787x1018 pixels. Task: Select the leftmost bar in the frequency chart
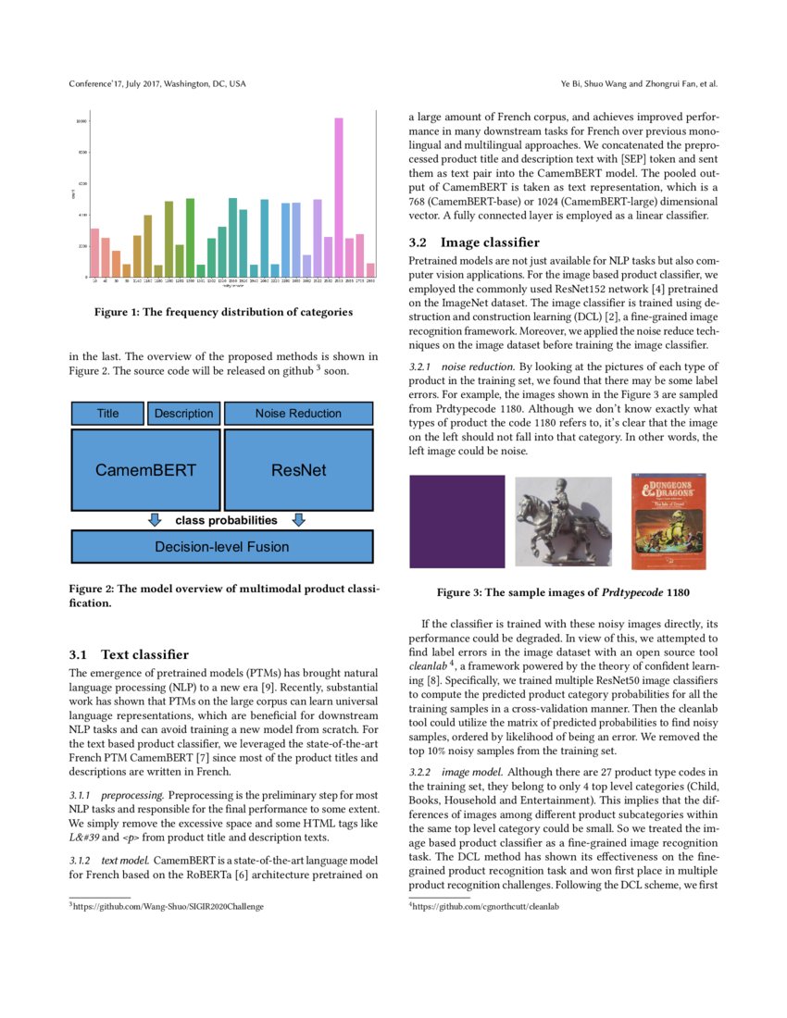(94, 253)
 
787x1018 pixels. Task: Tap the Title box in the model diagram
(107, 414)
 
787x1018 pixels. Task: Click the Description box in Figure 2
(183, 414)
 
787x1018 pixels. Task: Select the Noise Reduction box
(298, 414)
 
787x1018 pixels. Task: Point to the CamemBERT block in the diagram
(145, 469)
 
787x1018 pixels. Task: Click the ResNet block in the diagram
(298, 469)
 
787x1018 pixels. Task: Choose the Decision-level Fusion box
(222, 547)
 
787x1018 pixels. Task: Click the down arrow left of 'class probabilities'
(156, 520)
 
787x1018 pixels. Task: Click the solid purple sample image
(457, 521)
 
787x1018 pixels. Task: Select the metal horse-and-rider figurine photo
(563, 522)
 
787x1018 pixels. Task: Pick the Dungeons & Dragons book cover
(668, 521)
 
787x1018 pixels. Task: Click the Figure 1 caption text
(223, 312)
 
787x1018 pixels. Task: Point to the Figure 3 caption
(563, 592)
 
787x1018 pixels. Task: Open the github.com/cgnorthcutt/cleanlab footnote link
(486, 907)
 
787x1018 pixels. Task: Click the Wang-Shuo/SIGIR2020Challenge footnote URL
(168, 907)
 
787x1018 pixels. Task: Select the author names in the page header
(639, 84)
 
